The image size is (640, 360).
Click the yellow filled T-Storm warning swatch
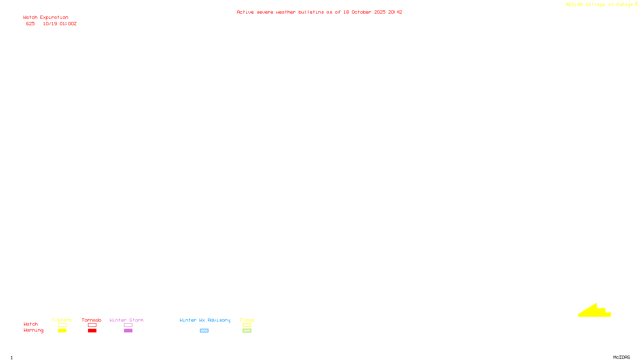pos(62,331)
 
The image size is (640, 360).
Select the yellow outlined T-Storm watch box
pos(62,325)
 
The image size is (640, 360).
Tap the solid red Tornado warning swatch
pos(92,331)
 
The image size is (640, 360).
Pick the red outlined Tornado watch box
pos(92,325)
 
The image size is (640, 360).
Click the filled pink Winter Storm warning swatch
pos(128,331)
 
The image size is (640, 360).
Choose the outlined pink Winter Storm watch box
pos(128,325)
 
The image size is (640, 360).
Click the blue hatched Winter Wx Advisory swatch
pos(204,331)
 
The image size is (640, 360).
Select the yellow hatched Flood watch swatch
pos(247,325)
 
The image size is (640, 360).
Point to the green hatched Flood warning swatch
pos(247,331)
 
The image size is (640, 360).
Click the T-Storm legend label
pos(62,320)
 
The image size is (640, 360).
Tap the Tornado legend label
pos(92,320)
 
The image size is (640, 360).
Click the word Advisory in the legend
pos(219,320)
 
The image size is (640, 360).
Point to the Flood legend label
pos(247,320)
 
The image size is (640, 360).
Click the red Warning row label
pos(33,330)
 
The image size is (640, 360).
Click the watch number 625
pos(30,24)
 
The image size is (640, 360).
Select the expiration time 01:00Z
pos(68,24)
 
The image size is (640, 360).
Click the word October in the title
pos(361,12)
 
